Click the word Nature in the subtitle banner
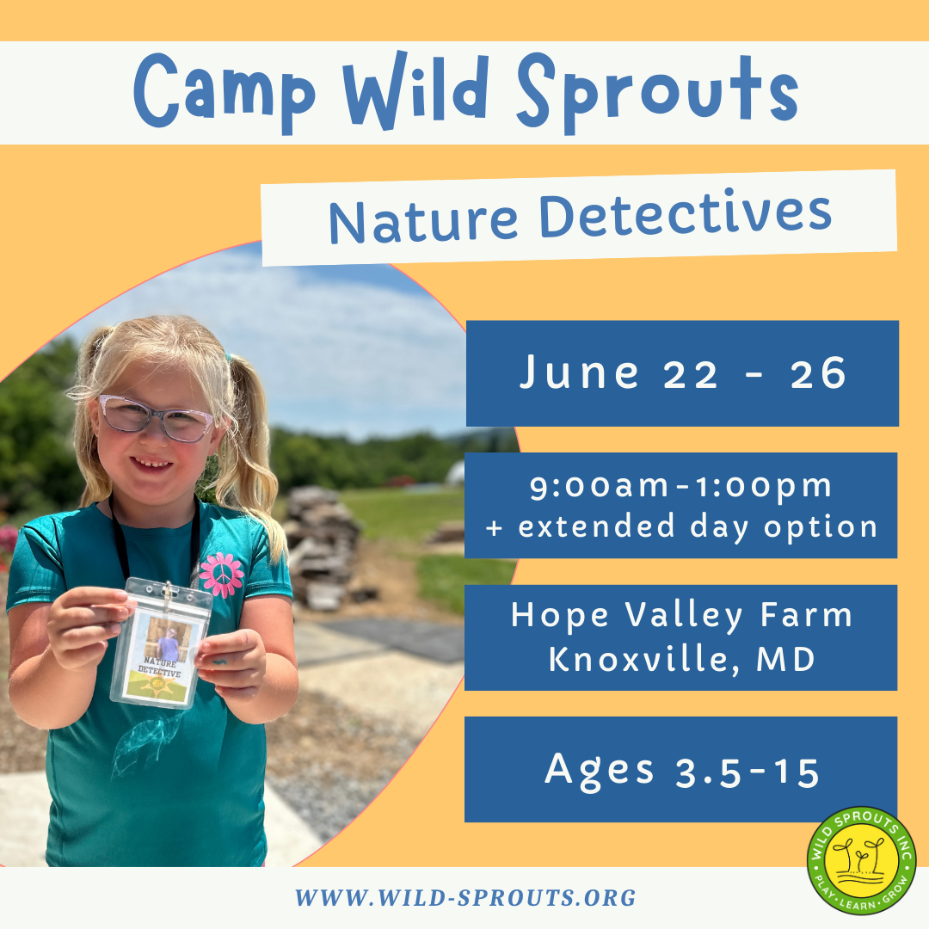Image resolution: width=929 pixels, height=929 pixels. [x=423, y=221]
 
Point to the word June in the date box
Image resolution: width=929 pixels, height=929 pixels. [x=579, y=373]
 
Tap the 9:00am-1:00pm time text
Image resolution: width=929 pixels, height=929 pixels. [x=681, y=487]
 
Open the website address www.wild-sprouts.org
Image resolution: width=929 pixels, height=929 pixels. [x=465, y=898]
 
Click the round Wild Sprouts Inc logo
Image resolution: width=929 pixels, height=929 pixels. [x=861, y=861]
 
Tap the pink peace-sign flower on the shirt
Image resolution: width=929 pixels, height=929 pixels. [x=221, y=575]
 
